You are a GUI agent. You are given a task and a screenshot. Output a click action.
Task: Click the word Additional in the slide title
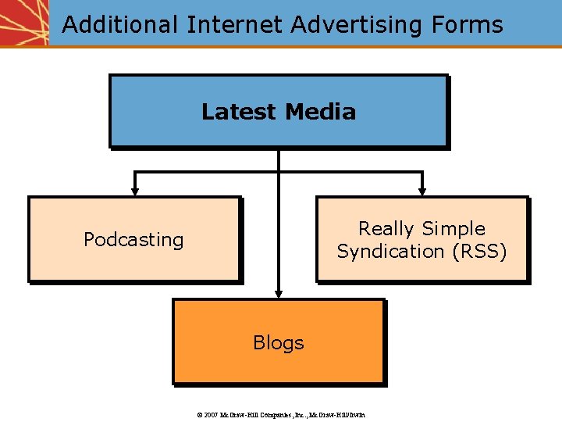pyautogui.click(x=120, y=25)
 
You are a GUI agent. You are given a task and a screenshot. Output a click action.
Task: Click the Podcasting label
pyautogui.click(x=133, y=239)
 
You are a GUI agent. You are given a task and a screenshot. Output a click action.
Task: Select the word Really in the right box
pyautogui.click(x=386, y=229)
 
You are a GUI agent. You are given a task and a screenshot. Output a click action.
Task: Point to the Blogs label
pyautogui.click(x=278, y=342)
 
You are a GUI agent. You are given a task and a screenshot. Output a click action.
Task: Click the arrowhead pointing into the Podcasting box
pyautogui.click(x=135, y=189)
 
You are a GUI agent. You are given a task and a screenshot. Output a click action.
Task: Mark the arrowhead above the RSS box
pyautogui.click(x=422, y=189)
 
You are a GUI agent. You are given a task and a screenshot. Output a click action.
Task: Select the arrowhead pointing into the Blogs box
pyautogui.click(x=278, y=292)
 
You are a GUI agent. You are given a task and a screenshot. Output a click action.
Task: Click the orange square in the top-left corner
pyautogui.click(x=24, y=23)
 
